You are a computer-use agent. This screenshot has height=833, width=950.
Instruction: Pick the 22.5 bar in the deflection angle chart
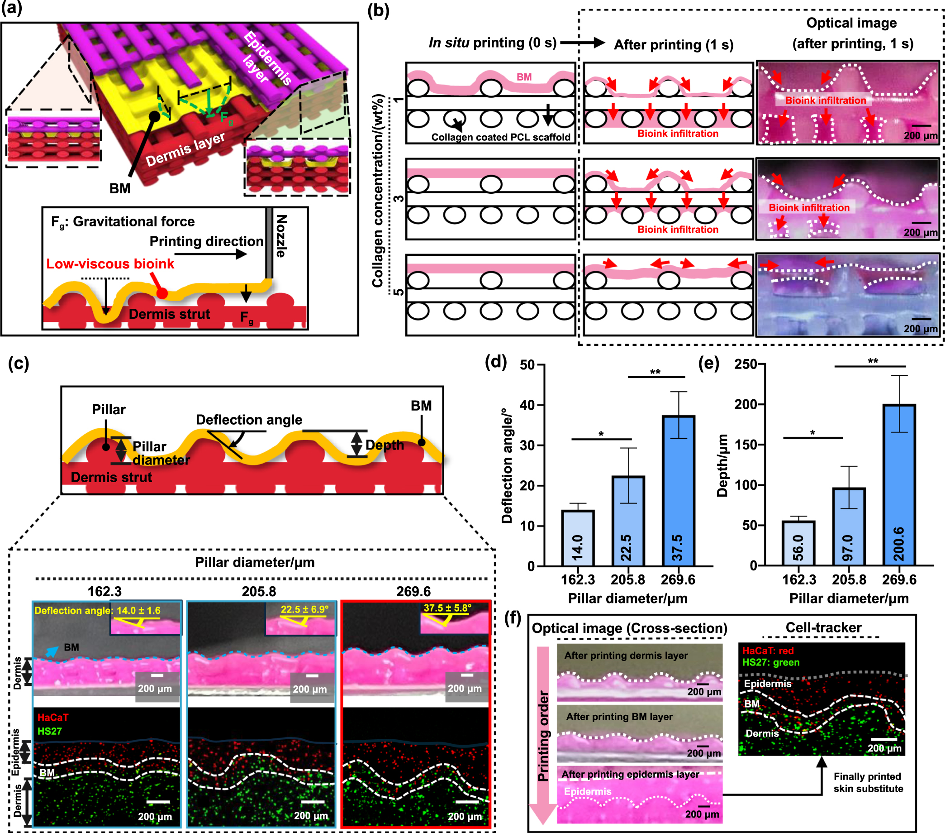tap(627, 521)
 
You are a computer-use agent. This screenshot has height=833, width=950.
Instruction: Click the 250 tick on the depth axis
tap(745, 364)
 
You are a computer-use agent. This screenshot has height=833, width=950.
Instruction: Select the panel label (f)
tap(513, 619)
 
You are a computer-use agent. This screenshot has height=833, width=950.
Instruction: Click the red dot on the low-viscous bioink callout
tap(161, 293)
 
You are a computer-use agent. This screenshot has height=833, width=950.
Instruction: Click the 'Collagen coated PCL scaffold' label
tap(500, 137)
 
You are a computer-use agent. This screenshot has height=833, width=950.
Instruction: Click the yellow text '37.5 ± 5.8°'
tap(447, 608)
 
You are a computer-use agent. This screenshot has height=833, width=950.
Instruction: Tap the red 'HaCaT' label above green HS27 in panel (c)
tap(52, 717)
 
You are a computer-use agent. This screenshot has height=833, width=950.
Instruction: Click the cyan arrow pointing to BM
tap(52, 651)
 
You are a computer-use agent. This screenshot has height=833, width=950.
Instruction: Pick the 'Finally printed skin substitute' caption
tap(868, 782)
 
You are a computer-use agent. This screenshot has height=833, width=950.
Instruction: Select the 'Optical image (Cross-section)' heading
tap(629, 628)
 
